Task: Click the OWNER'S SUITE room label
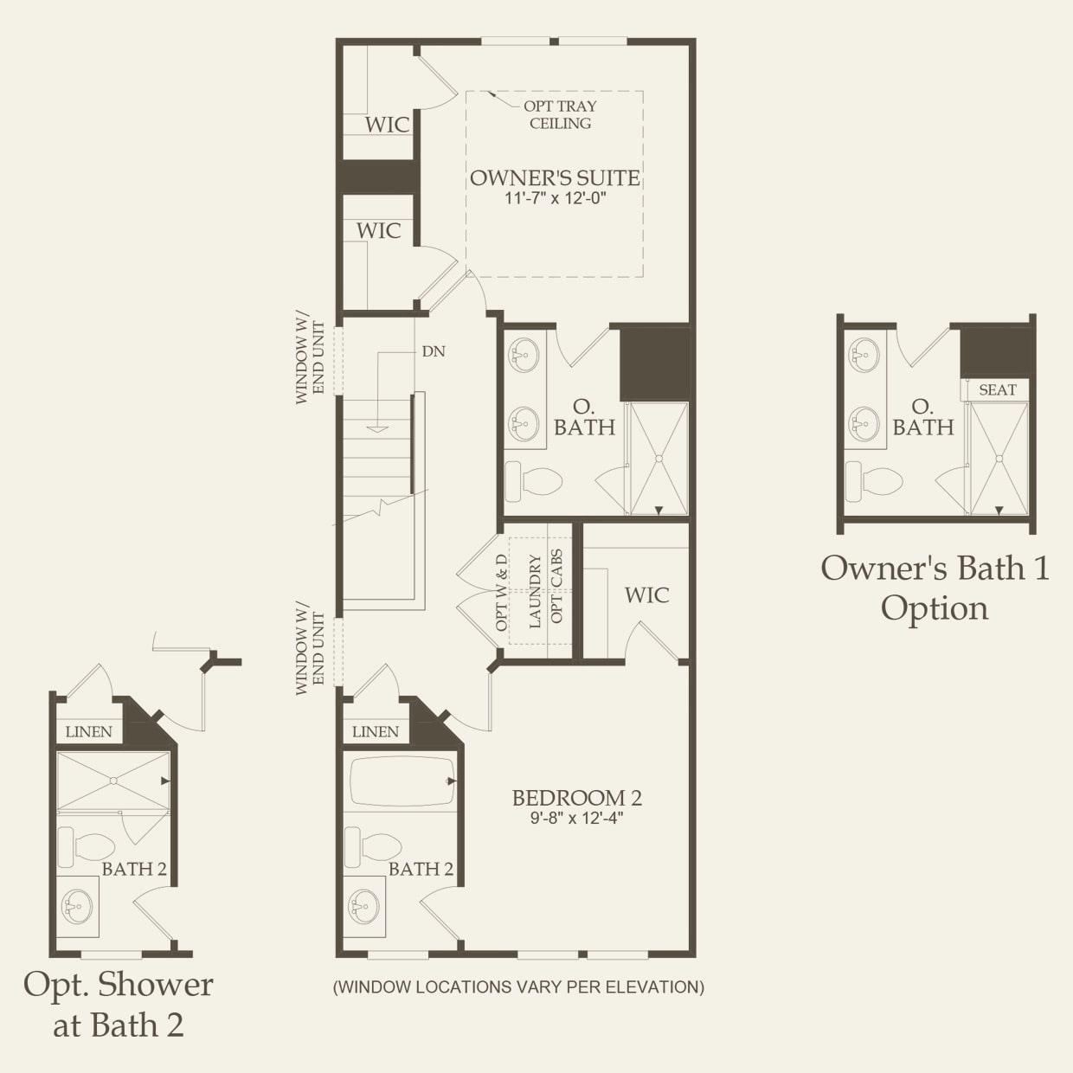[x=555, y=178]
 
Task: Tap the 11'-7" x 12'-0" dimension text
[x=555, y=198]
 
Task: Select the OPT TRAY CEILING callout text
[x=560, y=114]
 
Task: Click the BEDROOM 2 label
[x=576, y=798]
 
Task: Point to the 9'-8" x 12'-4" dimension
[x=576, y=818]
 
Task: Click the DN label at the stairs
[x=433, y=351]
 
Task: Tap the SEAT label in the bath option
[x=997, y=390]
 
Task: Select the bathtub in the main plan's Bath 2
[x=402, y=781]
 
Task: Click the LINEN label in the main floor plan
[x=376, y=732]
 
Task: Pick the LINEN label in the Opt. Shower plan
[x=89, y=732]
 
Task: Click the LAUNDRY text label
[x=535, y=591]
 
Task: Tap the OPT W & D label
[x=502, y=591]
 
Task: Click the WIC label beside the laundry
[x=646, y=595]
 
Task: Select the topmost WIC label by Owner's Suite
[x=387, y=125]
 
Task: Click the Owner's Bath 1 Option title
[x=935, y=588]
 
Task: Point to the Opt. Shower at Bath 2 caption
[x=118, y=1004]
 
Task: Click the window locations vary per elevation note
[x=518, y=986]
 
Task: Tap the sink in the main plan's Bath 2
[x=363, y=907]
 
